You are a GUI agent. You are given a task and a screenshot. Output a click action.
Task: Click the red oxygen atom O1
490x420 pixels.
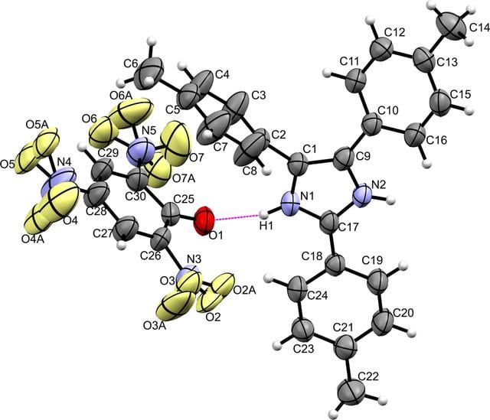(204, 220)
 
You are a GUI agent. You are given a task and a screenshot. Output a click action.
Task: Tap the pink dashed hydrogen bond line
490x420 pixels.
(237, 217)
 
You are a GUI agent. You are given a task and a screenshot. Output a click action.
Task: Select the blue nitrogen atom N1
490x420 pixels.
(290, 203)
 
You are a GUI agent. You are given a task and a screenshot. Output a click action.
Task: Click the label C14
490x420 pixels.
(479, 28)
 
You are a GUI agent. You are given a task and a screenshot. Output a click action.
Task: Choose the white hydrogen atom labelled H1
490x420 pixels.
(263, 215)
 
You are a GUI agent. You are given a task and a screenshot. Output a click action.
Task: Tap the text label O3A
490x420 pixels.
(155, 326)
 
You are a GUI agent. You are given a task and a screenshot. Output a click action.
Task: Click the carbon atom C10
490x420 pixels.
(371, 125)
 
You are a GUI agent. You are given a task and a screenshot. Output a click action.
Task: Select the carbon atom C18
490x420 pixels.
(335, 265)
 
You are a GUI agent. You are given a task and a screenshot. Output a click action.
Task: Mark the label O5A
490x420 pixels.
(37, 124)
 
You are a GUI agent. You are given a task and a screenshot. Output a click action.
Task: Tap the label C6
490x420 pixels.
(131, 63)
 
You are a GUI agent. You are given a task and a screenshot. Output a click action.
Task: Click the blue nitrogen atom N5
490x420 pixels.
(140, 153)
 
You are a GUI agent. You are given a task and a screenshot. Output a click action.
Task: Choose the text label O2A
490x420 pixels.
(245, 291)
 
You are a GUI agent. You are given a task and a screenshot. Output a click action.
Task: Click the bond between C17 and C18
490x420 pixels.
(333, 244)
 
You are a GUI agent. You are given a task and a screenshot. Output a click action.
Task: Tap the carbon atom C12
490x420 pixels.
(381, 49)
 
